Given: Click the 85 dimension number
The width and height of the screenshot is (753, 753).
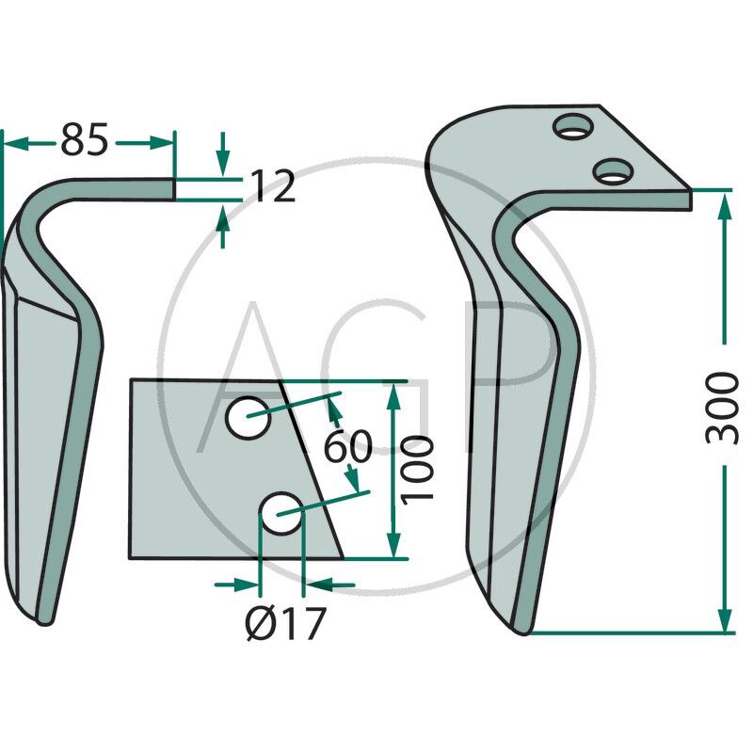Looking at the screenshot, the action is click(85, 139).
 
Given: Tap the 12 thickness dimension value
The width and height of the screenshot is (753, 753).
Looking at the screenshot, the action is click(273, 185).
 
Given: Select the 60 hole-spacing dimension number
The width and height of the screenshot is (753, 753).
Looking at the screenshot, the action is click(347, 446).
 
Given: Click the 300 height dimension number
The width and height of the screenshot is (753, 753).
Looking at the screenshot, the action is click(722, 409).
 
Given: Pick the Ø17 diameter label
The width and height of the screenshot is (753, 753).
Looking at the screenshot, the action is click(286, 623).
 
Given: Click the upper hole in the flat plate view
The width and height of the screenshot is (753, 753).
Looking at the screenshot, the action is click(248, 418).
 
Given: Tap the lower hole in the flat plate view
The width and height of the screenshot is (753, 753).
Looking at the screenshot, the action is click(280, 513).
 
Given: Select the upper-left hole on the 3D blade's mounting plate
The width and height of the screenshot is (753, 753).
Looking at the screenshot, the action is click(573, 126).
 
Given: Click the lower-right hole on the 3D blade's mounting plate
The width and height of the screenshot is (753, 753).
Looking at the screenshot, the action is click(613, 171).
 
